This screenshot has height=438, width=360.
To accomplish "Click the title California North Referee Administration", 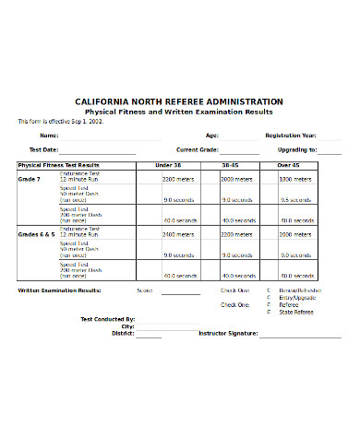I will click(179, 101).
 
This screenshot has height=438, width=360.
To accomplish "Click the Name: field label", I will click(47, 135).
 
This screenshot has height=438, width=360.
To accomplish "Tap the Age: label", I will click(211, 135).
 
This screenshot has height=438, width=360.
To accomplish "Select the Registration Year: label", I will click(291, 135).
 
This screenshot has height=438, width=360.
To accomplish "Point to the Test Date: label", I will click(43, 148).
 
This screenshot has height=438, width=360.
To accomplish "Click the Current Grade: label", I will click(197, 148).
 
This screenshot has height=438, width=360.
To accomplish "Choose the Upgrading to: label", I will click(298, 148).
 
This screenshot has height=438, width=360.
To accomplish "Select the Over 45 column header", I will click(289, 165).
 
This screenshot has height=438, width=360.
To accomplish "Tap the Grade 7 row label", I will click(30, 179).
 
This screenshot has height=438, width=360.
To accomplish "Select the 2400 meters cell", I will click(178, 235).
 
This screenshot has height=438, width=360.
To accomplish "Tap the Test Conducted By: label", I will click(107, 319).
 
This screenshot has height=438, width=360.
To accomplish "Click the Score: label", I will click(145, 290).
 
